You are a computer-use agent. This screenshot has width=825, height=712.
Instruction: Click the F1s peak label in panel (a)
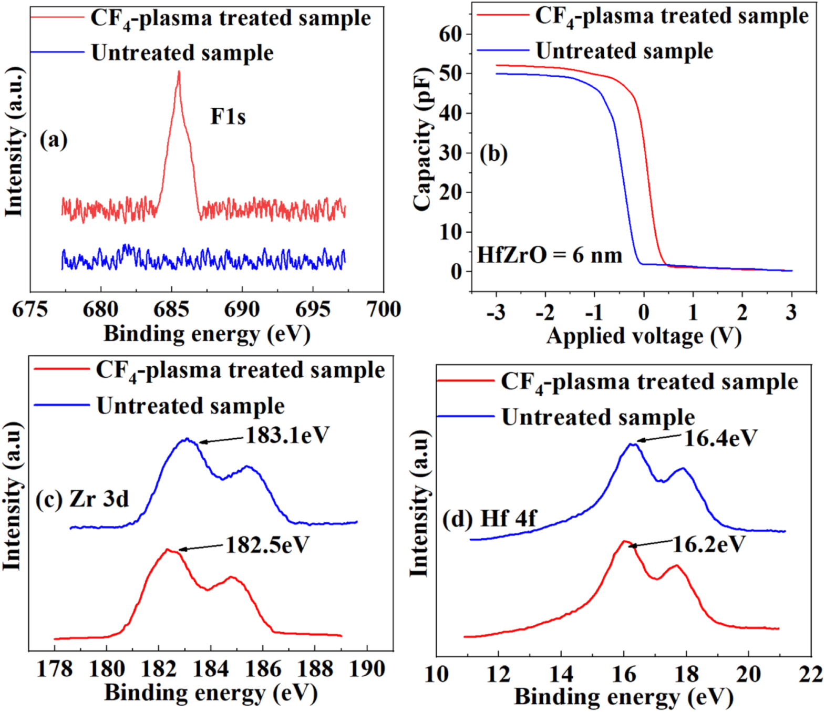(228, 116)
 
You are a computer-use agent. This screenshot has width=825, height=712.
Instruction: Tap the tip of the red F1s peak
(179, 72)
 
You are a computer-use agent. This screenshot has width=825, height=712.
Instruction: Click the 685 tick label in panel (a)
(171, 309)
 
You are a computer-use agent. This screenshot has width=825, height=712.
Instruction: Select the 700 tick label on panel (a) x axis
(384, 309)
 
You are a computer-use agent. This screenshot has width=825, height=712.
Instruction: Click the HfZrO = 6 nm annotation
(550, 255)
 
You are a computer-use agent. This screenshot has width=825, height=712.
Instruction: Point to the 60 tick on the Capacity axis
(450, 34)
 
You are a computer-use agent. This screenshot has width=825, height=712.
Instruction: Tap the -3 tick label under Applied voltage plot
(496, 313)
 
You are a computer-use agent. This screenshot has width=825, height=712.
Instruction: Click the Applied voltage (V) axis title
(644, 336)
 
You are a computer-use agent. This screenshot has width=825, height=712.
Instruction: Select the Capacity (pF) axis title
(423, 139)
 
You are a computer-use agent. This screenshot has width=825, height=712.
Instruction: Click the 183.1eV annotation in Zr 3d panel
(287, 435)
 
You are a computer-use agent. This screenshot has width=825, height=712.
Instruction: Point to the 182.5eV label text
(267, 545)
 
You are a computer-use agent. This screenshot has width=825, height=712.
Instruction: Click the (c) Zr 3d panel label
(82, 499)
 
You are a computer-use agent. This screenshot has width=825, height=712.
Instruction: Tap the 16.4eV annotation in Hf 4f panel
(720, 438)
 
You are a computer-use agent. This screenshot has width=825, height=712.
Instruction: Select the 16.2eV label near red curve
(709, 544)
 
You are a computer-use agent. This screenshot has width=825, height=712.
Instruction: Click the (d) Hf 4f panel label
(489, 519)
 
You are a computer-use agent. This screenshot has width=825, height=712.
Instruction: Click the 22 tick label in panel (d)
(810, 674)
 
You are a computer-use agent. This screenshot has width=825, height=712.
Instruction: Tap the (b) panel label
(493, 154)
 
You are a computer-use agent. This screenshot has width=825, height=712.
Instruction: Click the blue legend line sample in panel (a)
(57, 52)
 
